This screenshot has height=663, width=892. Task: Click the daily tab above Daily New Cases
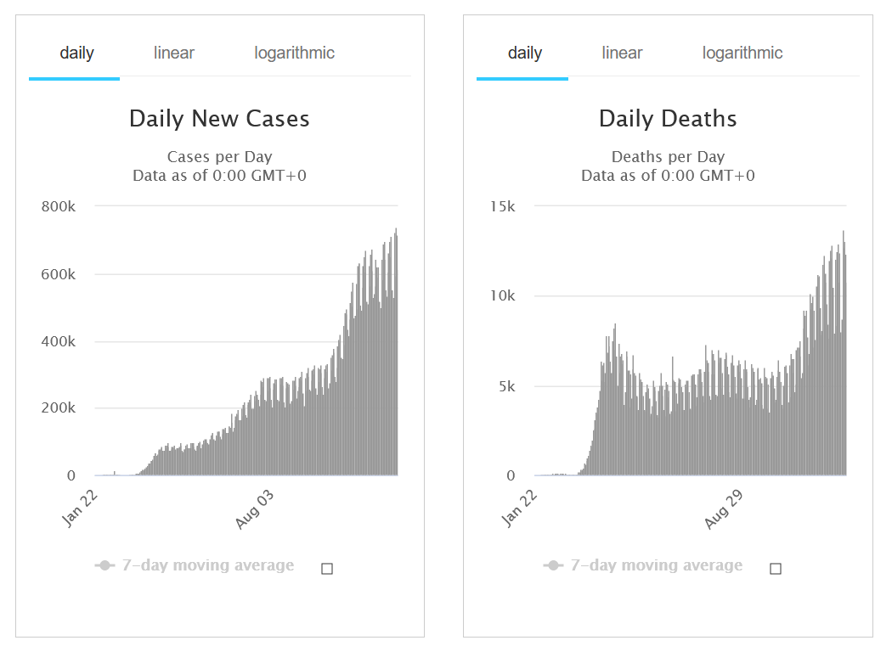click(x=76, y=53)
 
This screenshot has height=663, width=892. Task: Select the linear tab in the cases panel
click(x=174, y=53)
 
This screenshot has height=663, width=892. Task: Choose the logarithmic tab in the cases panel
click(x=294, y=53)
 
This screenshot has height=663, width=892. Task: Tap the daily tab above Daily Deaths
click(x=524, y=53)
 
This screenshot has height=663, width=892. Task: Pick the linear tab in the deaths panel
click(x=622, y=53)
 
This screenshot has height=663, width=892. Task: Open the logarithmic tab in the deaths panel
click(x=742, y=53)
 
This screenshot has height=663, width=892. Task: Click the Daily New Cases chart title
click(x=219, y=118)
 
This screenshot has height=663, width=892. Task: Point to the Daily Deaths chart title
click(x=668, y=118)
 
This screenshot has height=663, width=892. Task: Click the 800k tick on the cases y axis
click(x=59, y=206)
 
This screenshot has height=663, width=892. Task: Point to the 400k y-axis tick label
click(x=59, y=341)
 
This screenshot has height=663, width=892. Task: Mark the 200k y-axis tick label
click(x=59, y=408)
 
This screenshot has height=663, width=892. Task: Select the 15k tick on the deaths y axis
click(x=501, y=206)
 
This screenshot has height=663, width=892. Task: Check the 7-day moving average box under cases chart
click(x=327, y=569)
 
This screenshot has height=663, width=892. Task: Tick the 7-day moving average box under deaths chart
click(x=775, y=569)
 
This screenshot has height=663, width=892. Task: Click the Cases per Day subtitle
click(x=219, y=157)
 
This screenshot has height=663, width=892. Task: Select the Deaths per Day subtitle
click(x=668, y=157)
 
